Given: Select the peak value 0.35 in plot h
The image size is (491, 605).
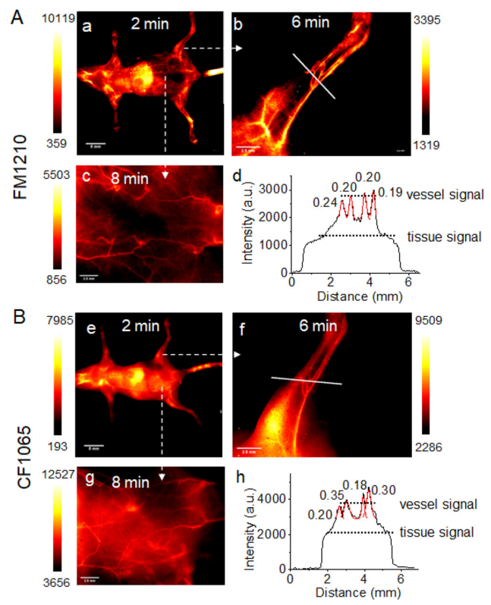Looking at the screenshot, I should click(x=331, y=496).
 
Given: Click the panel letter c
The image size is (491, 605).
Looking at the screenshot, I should click(x=87, y=177).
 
